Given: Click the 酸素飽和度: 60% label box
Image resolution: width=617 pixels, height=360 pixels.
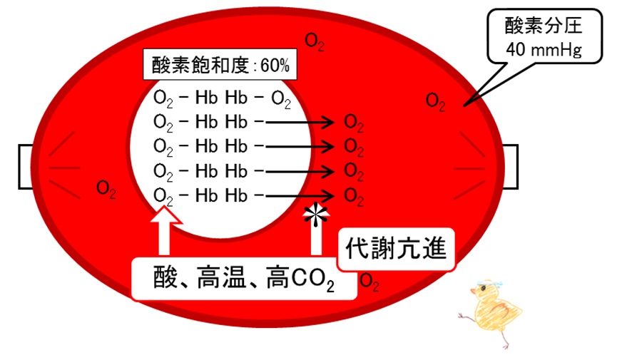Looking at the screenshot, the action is click(220, 65).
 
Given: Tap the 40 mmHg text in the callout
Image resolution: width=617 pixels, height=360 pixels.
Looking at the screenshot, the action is click(544, 50).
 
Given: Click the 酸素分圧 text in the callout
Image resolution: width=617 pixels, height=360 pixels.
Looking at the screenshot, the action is click(544, 26).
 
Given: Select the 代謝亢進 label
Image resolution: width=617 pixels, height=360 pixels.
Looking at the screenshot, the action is click(396, 249).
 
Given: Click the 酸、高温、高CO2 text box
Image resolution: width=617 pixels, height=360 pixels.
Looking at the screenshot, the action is click(244, 279).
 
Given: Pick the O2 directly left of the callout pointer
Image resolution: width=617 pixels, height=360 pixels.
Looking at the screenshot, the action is click(436, 102).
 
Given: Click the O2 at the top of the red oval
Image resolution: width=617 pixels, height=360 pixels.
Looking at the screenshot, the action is click(315, 42).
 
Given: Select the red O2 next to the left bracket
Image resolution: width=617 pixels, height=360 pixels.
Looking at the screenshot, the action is click(106, 189).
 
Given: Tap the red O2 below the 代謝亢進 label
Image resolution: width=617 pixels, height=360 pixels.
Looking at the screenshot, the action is click(369, 282).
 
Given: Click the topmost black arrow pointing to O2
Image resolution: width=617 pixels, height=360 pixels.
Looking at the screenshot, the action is click(300, 123).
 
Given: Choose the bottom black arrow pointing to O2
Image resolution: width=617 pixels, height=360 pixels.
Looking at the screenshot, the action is click(300, 195).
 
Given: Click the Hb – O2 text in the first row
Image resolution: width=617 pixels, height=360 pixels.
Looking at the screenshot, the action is click(257, 98).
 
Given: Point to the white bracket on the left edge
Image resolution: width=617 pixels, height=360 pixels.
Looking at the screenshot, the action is click(25, 166).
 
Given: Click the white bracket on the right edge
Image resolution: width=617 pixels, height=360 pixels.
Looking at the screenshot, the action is click(511, 166).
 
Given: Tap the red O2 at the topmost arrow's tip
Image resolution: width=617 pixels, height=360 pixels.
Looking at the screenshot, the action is click(354, 123).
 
